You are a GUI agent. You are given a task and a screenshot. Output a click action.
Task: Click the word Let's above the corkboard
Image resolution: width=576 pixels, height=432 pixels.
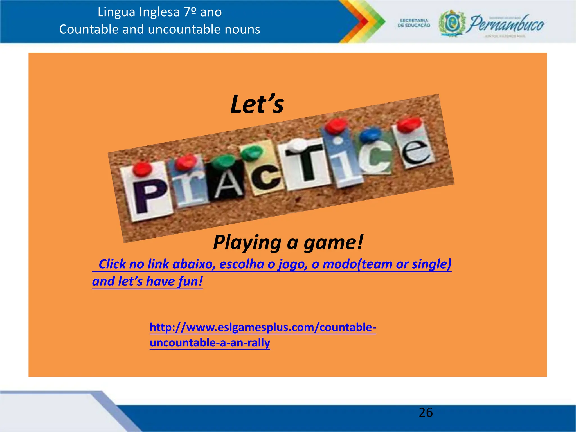tap(257, 104)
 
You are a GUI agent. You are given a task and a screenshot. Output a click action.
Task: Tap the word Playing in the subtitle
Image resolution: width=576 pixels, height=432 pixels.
tap(247, 242)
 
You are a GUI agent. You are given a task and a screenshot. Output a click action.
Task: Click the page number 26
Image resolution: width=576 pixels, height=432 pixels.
tap(426, 413)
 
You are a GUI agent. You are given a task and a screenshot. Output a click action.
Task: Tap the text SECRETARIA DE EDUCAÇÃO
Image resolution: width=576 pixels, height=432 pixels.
tap(414, 23)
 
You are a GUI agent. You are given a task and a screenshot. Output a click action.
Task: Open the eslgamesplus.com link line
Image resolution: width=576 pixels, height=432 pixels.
tap(263, 327)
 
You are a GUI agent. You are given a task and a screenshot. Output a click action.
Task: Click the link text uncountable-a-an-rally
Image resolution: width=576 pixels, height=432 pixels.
tap(210, 343)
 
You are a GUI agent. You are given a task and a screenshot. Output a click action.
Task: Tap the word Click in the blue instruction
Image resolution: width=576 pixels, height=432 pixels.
tap(112, 264)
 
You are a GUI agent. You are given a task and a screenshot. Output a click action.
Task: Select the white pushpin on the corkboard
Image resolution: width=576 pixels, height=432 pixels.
tap(298, 145)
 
